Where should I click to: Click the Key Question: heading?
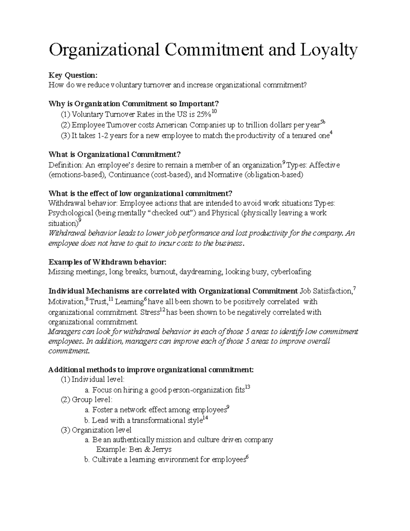tap(73, 75)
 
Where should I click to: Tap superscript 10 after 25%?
tap(214, 112)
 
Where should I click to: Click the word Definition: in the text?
tap(66, 165)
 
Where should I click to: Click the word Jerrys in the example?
tap(160, 449)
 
